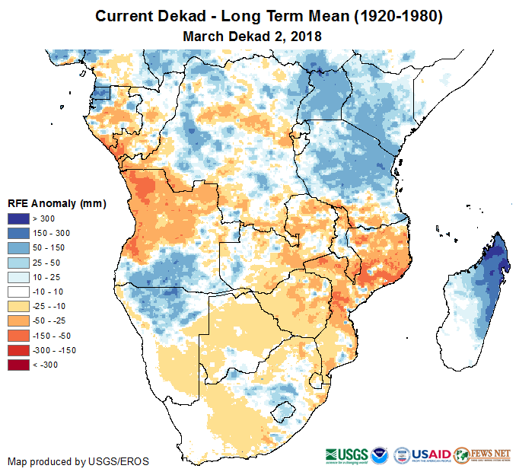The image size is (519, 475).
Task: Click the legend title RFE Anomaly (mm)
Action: pyautogui.click(x=56, y=204)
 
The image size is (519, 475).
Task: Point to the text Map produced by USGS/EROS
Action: pyautogui.click(x=78, y=461)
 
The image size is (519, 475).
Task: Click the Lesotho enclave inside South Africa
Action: pyautogui.click(x=283, y=413)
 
